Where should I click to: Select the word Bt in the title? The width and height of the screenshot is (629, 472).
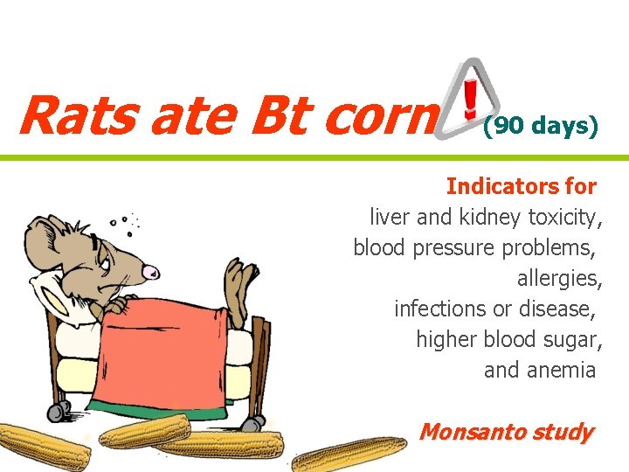[278, 115]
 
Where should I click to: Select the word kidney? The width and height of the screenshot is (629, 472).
[494, 217]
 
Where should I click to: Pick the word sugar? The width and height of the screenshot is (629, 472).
[574, 339]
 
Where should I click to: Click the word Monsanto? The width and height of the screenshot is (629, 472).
[472, 432]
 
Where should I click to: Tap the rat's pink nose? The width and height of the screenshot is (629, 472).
[152, 271]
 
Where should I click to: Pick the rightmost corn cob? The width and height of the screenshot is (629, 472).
[349, 455]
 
